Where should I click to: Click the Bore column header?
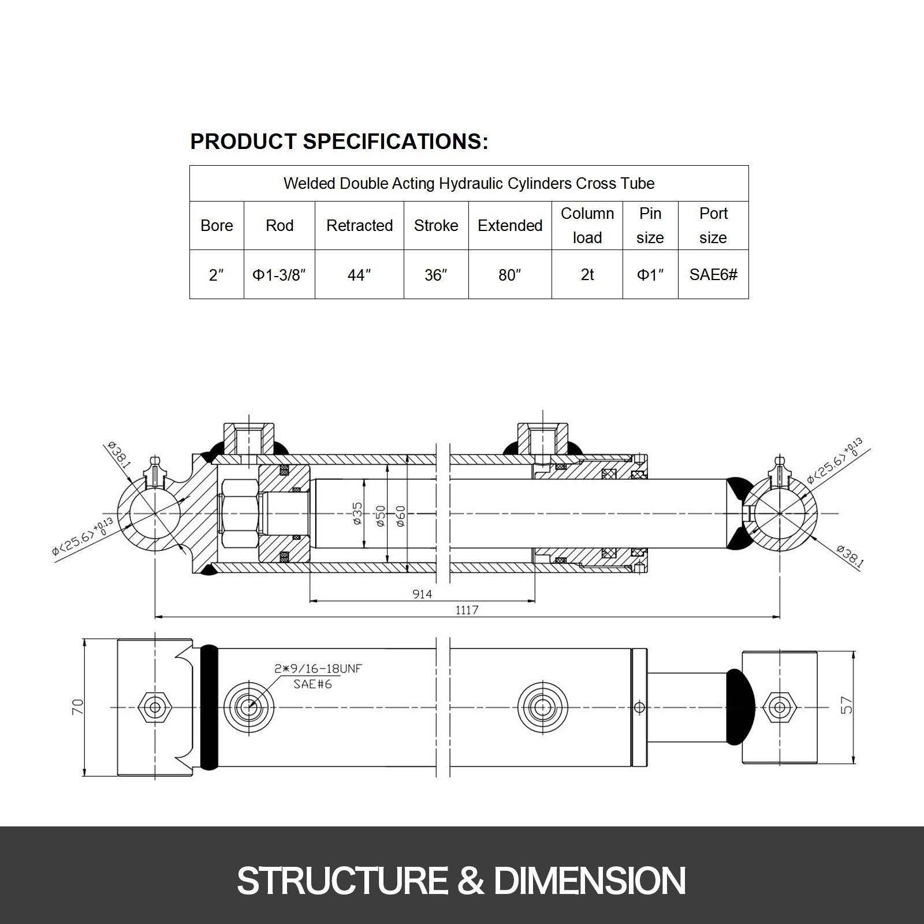click(x=217, y=226)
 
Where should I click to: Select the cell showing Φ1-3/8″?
click(x=279, y=275)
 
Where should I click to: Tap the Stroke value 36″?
click(x=435, y=275)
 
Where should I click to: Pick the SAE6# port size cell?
click(x=713, y=275)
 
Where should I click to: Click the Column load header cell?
click(x=587, y=226)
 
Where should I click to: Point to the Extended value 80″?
click(x=509, y=275)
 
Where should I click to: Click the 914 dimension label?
click(x=422, y=594)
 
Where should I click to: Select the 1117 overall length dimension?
click(x=467, y=610)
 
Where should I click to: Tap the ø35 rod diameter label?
click(x=357, y=513)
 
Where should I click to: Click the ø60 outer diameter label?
click(x=401, y=516)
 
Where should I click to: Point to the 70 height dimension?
click(x=78, y=707)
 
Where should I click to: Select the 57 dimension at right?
click(x=847, y=705)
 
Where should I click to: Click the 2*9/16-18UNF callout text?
click(x=318, y=669)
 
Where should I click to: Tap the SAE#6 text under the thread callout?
click(x=312, y=684)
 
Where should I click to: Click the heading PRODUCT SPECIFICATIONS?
click(x=339, y=141)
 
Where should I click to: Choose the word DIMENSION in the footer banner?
click(x=589, y=881)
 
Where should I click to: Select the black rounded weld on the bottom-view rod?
click(x=740, y=707)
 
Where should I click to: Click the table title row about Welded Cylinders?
click(x=469, y=184)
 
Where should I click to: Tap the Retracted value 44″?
click(x=359, y=275)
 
